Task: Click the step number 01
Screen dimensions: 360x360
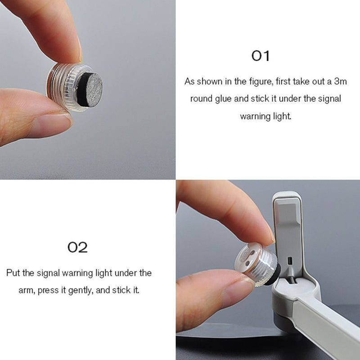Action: coord(261,56)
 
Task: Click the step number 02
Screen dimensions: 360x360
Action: coord(77,247)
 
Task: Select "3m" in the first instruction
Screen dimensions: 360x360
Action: coord(341,81)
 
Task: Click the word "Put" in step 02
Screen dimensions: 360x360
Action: coord(13,273)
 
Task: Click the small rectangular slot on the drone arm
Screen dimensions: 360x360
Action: coord(290,261)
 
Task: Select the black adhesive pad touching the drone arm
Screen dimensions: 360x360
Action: coord(273,275)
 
